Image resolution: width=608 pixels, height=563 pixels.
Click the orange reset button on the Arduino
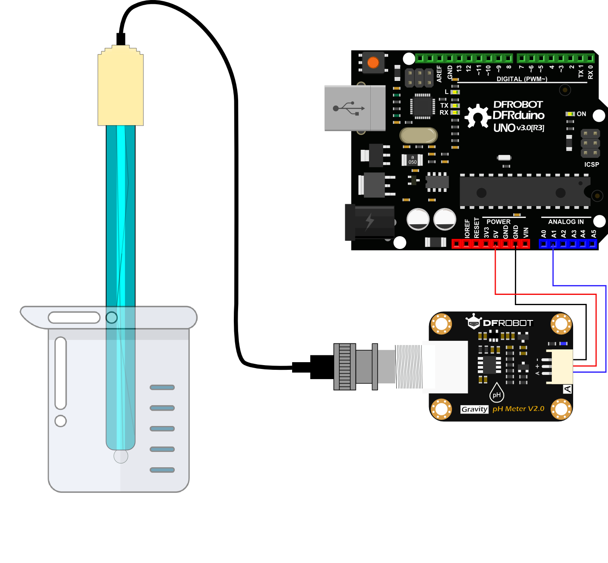tap(373, 63)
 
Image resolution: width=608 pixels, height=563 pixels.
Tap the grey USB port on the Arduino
tap(355, 108)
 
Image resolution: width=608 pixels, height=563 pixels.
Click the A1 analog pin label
tap(554, 234)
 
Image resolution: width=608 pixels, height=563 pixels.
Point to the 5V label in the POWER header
tap(496, 234)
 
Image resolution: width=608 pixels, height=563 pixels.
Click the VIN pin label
tap(526, 232)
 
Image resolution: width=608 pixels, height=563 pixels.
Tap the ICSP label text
tap(591, 164)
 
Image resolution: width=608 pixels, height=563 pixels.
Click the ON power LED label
tap(581, 114)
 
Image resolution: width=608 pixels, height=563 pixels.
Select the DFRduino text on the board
tap(518, 115)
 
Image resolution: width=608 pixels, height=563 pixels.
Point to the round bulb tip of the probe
tap(121, 456)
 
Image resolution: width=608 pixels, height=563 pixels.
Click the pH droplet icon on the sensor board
tap(496, 393)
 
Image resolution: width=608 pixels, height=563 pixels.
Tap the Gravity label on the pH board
tap(474, 409)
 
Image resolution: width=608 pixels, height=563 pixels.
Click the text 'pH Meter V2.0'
tap(518, 409)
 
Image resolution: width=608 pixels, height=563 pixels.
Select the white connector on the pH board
tap(560, 366)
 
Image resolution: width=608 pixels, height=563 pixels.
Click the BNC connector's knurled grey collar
tap(345, 366)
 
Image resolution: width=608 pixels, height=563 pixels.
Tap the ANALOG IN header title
tap(566, 222)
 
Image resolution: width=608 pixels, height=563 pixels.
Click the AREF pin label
tap(439, 73)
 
